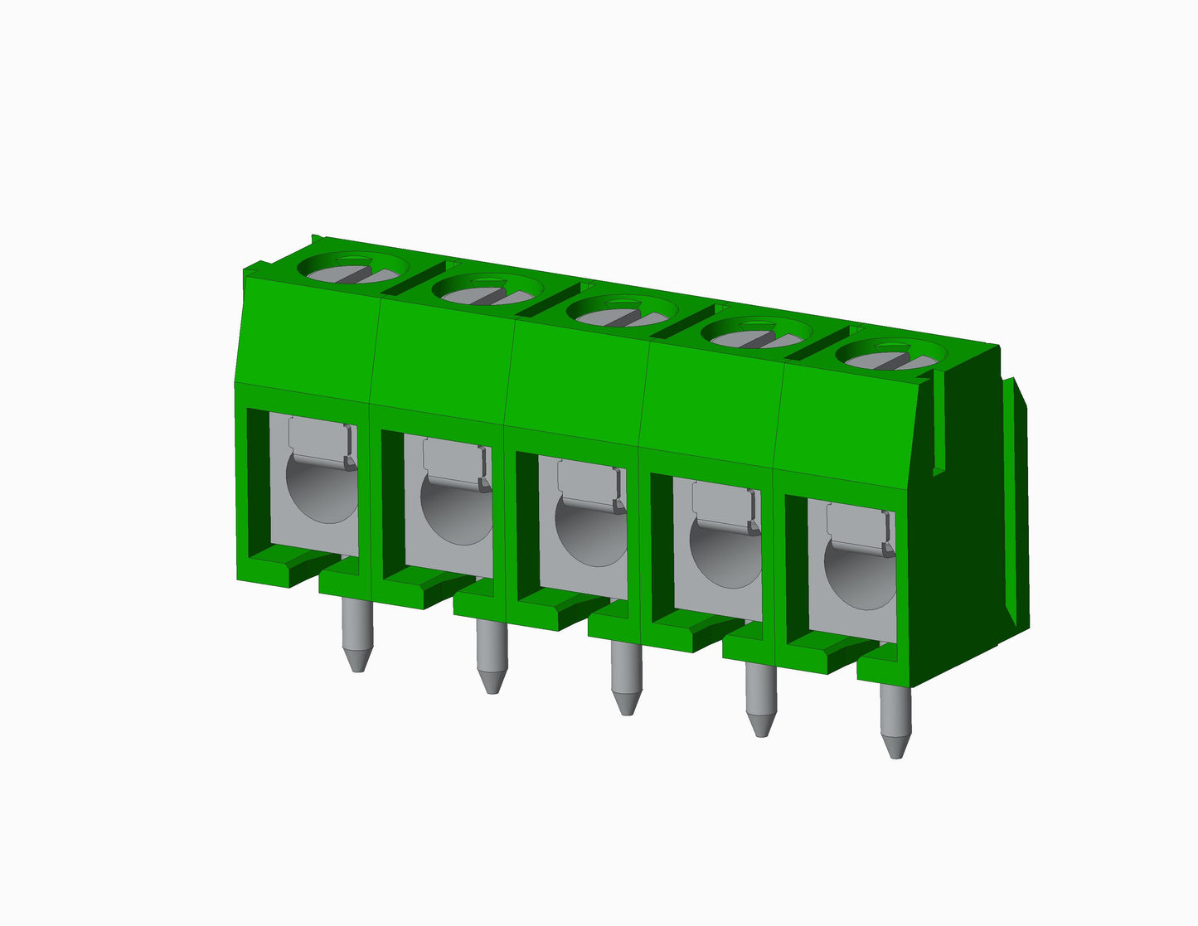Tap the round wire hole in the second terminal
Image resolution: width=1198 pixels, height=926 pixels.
point(454,514)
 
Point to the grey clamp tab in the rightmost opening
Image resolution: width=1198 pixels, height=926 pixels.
point(857,525)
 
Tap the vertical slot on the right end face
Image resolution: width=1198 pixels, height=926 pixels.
point(939,423)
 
